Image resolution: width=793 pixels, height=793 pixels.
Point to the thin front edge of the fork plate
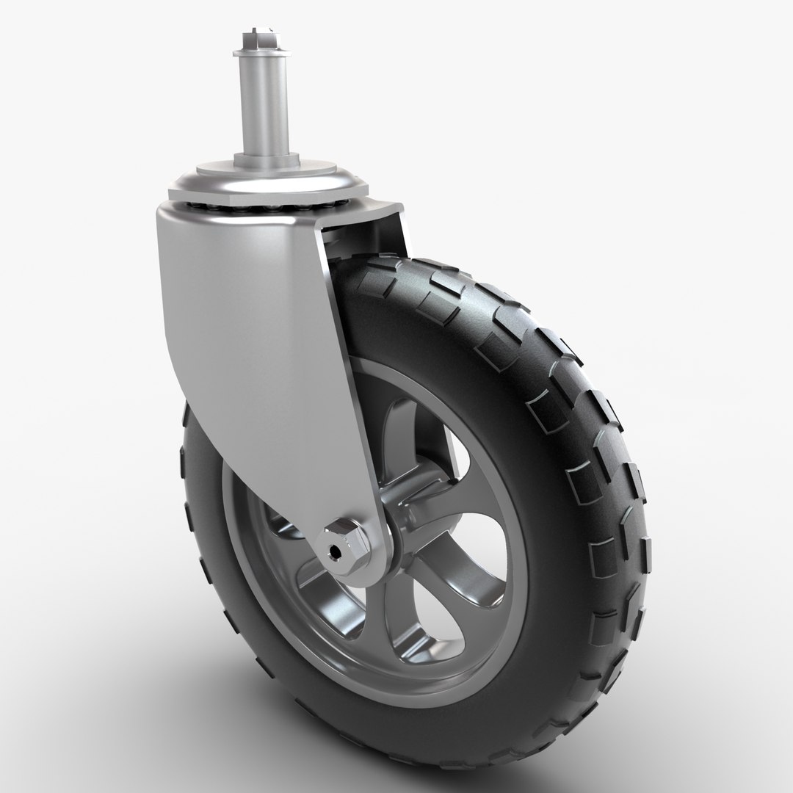click(x=345, y=367)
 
